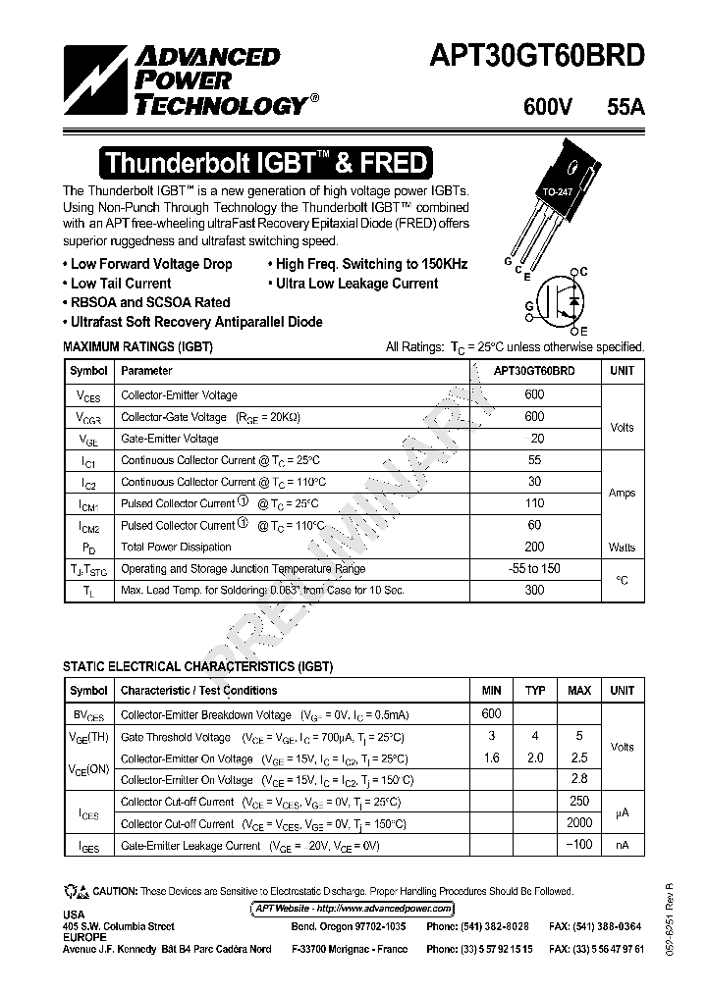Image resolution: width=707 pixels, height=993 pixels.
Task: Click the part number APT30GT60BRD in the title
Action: [x=537, y=56]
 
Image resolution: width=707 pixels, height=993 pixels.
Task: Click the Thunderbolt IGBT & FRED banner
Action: [x=265, y=162]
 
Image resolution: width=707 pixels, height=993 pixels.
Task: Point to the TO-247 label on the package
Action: [x=557, y=193]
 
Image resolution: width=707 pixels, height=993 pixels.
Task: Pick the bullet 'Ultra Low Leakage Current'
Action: [x=356, y=284]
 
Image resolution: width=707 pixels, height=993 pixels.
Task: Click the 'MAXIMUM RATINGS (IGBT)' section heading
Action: [x=137, y=347]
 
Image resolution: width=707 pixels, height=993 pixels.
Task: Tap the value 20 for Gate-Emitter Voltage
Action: [x=536, y=439]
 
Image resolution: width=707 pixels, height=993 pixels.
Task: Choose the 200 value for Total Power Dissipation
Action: [x=534, y=547]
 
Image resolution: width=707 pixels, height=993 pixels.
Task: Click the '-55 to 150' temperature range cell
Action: [x=535, y=569]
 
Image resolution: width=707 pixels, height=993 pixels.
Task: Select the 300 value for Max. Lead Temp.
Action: [x=534, y=591]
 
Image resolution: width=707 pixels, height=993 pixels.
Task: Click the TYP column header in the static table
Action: [x=535, y=691]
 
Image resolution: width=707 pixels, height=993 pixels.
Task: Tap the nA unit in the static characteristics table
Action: [x=622, y=846]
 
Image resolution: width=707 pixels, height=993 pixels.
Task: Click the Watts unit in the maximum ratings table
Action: [x=622, y=548]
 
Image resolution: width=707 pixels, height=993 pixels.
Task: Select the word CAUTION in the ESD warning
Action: [x=116, y=891]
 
